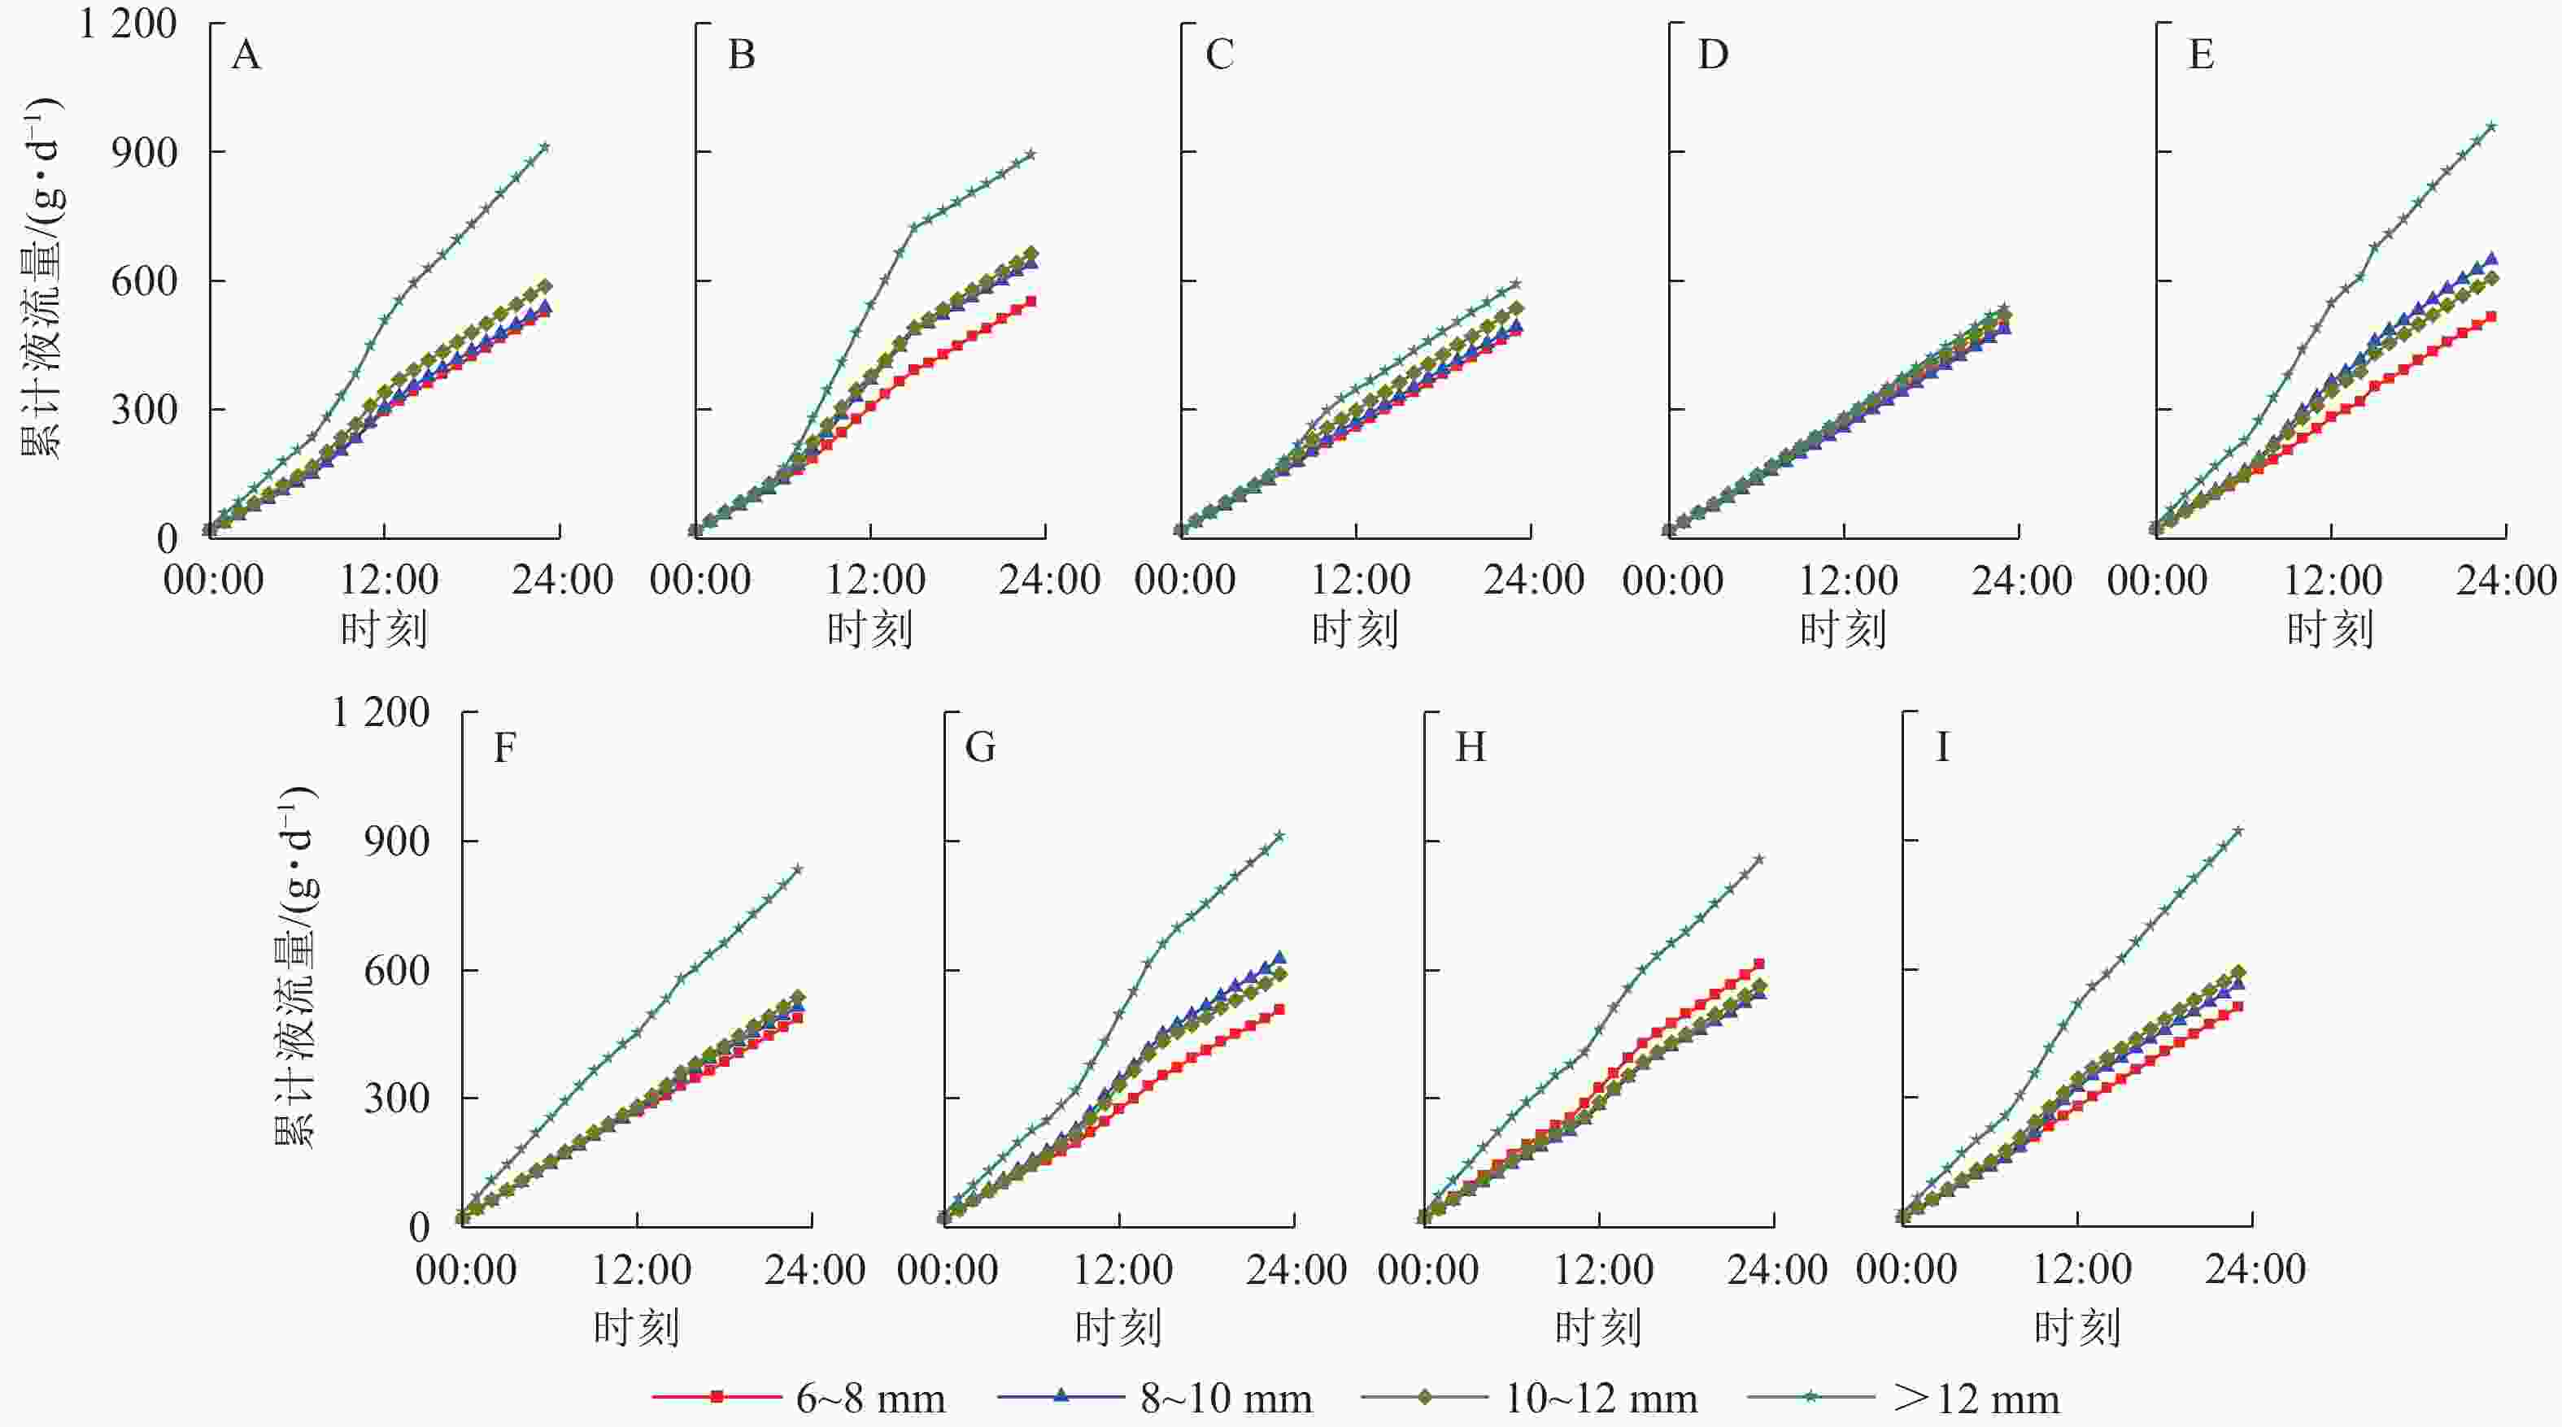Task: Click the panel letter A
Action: point(246,54)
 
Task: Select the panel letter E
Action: point(2201,54)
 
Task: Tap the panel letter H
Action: point(1470,746)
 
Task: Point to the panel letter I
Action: point(1941,746)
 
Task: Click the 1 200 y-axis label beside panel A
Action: point(128,23)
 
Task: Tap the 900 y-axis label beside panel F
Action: point(397,842)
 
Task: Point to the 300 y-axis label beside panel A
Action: point(144,410)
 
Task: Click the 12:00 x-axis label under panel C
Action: point(1358,580)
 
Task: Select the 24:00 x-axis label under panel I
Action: point(2255,1269)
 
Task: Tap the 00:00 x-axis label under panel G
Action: point(947,1269)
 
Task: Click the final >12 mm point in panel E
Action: point(2491,126)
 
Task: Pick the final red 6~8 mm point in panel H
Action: point(1759,964)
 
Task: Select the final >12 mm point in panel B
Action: point(1031,154)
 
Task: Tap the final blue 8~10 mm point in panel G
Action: point(1279,958)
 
